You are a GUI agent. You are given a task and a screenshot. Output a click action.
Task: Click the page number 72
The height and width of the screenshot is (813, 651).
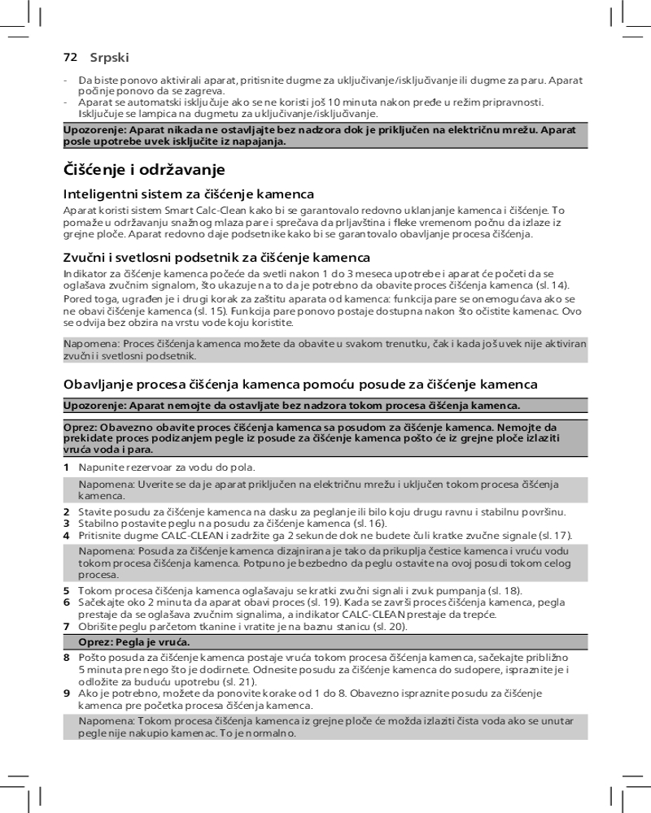70,58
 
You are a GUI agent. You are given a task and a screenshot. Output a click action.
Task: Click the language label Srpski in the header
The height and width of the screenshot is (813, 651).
110,58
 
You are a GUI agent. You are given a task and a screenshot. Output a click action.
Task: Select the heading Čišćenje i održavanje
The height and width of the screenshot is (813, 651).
143,171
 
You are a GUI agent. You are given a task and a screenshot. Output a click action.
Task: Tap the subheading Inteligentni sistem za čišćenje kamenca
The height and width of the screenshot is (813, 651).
189,195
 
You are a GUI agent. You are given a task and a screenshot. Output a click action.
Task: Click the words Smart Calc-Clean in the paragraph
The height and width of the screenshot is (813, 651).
185,211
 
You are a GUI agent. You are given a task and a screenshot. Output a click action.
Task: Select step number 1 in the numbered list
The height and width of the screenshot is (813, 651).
67,467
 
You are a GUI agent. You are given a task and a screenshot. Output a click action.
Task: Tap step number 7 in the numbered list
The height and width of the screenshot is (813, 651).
67,626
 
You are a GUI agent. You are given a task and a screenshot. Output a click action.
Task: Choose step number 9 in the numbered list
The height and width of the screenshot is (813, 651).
67,692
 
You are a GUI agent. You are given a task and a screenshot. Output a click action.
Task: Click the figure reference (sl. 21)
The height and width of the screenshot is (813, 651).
239,681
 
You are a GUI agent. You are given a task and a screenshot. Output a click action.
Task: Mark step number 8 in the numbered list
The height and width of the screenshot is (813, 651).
67,656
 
